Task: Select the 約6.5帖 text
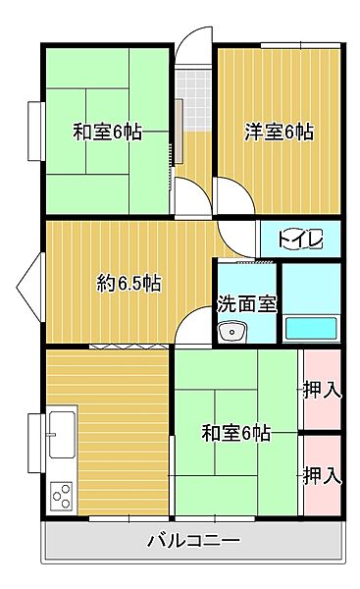(129, 285)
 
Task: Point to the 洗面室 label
(246, 303)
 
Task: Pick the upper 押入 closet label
(322, 390)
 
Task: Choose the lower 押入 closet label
(322, 476)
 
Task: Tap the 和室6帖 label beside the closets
(236, 432)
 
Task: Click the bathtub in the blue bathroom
(311, 329)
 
